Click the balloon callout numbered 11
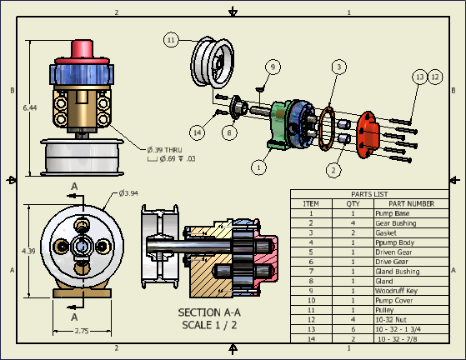[171, 39]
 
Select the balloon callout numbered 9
[272, 66]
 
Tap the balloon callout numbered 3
[338, 66]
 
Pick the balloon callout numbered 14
[198, 131]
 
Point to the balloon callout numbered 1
[260, 167]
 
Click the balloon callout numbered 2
[333, 171]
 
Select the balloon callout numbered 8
[228, 131]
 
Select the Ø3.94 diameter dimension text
[128, 193]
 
